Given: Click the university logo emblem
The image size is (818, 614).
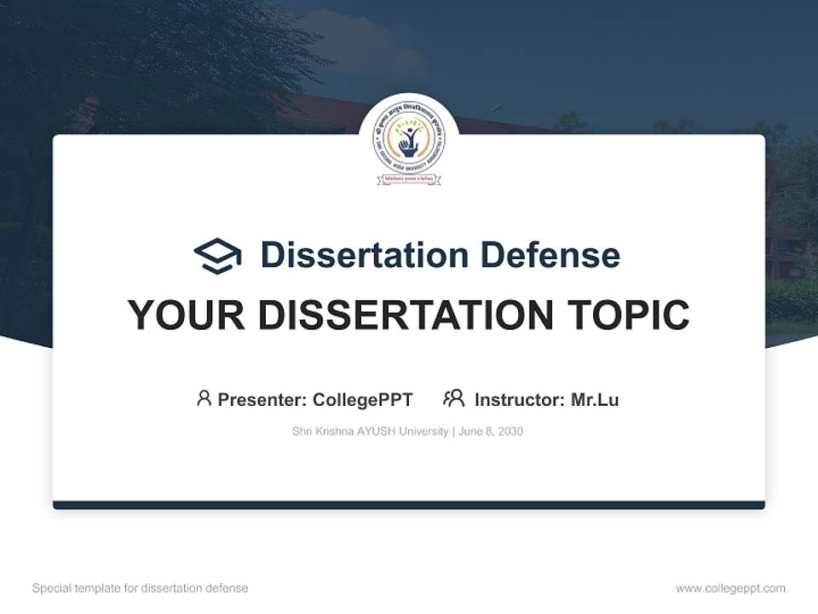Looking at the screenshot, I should point(409,142).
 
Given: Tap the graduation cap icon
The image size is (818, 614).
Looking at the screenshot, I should point(217,256).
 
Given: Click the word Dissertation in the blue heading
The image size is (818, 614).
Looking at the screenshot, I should point(364,255).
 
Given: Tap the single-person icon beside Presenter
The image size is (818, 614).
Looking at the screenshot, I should point(204,398).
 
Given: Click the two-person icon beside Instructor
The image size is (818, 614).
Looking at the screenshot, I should point(453,398).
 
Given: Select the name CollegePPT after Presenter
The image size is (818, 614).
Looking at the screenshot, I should point(363,400).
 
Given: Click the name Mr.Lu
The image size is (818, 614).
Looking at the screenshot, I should point(595,400).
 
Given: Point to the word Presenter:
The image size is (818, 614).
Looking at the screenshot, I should point(262,400).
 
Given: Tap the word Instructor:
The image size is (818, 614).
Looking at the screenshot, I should point(520,400).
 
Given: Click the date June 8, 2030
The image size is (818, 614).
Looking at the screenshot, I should point(491,432).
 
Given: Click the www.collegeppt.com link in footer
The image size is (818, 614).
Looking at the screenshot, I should point(730,588).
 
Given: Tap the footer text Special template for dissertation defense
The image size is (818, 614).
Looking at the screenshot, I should point(141,588).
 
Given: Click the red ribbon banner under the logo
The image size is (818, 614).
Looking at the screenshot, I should point(409,180).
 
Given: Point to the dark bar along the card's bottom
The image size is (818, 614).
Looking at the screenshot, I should point(409,505).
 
